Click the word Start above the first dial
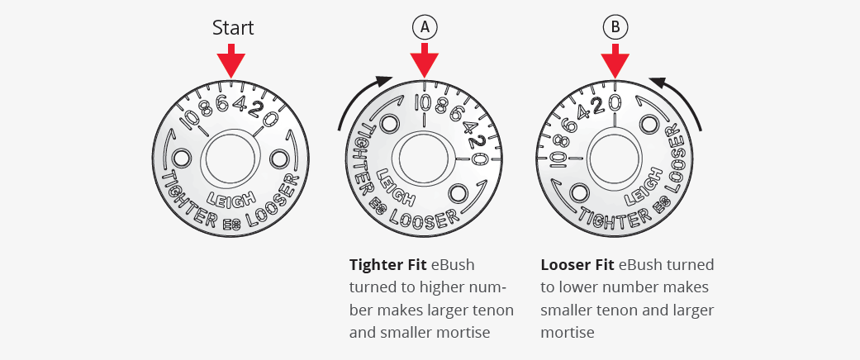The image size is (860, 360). coord(233,27)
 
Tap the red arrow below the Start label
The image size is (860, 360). coord(231,61)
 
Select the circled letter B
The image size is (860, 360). coord(615,27)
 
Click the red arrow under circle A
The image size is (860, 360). coord(424,61)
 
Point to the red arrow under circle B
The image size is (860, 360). coord(615,61)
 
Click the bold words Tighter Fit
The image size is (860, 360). coord(388,265)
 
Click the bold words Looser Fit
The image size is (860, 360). coord(577,265)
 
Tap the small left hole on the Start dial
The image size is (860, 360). coord(181,159)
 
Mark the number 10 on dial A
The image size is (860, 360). coord(424,102)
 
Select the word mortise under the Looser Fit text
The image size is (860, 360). coord(568,332)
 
